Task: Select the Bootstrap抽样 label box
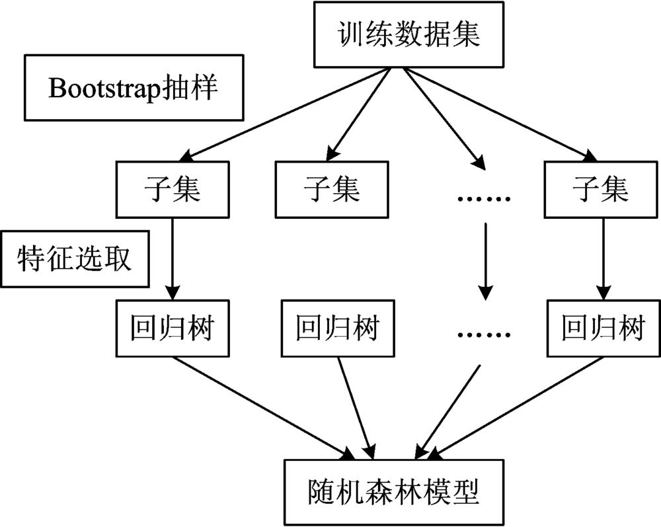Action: point(132,87)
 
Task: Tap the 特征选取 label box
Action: point(75,259)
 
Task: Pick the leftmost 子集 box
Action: point(173,190)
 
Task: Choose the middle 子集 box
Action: point(332,190)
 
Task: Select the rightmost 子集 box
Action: point(600,190)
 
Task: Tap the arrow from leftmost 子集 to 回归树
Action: point(173,258)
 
